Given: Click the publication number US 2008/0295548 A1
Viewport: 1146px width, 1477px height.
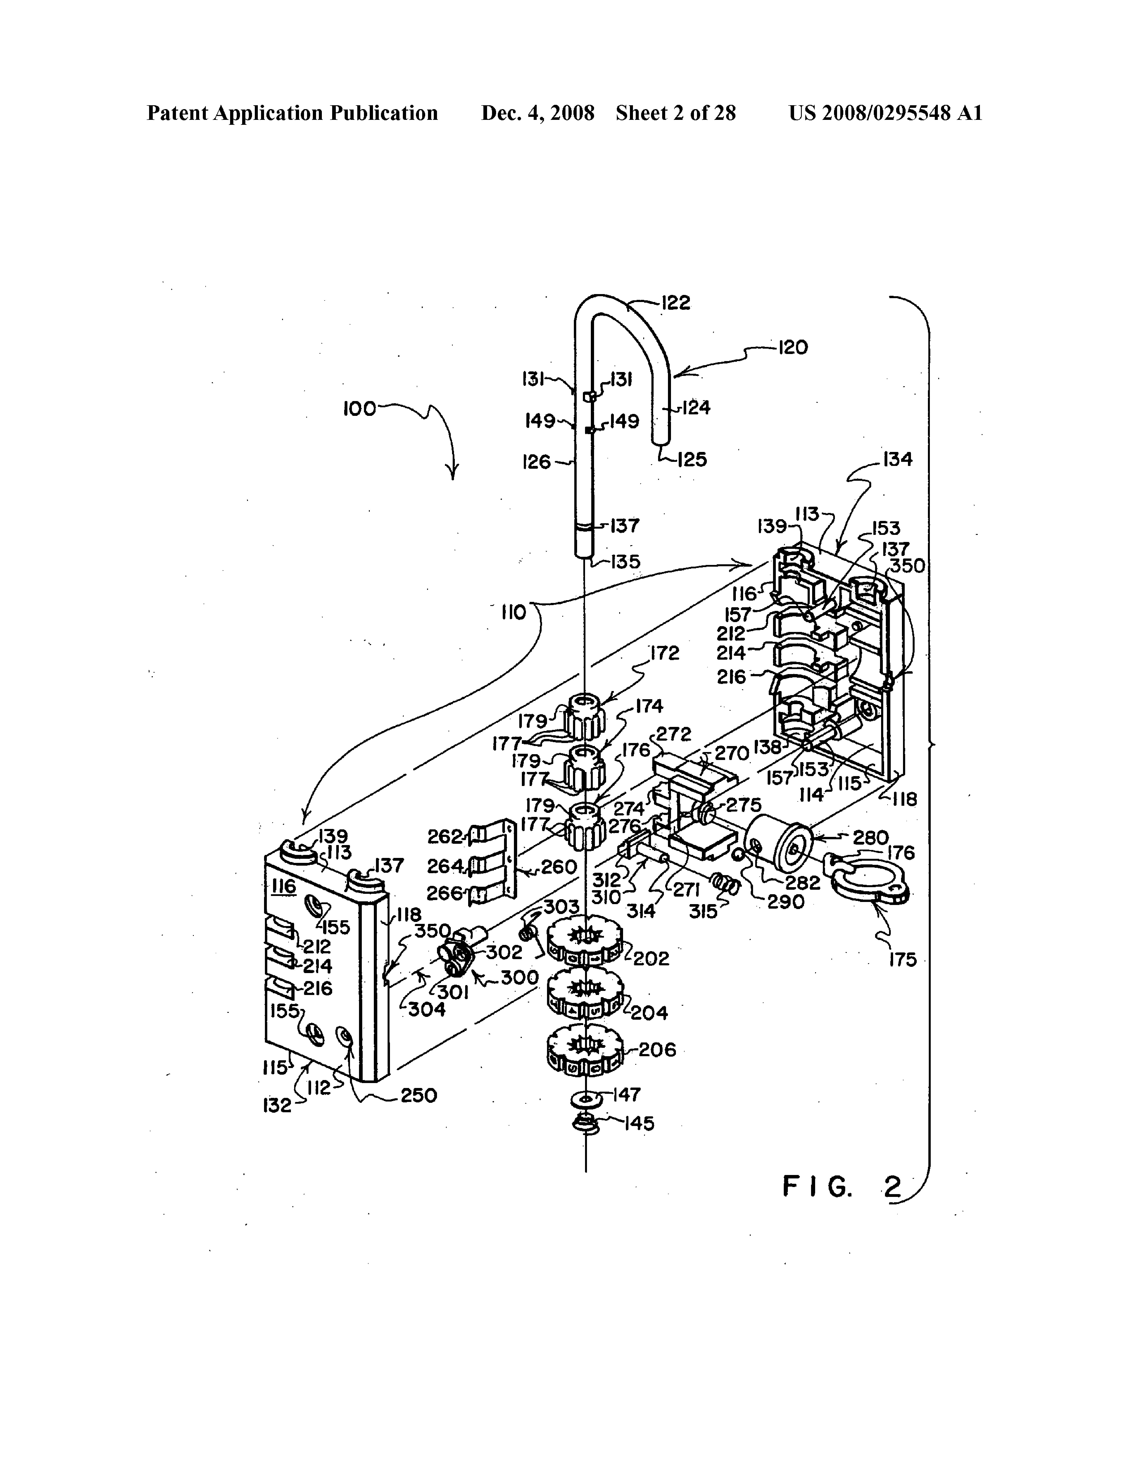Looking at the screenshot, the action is (885, 113).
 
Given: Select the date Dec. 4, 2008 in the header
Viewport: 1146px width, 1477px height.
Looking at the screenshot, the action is (538, 113).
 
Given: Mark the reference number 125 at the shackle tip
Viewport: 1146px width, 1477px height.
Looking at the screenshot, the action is (691, 460).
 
